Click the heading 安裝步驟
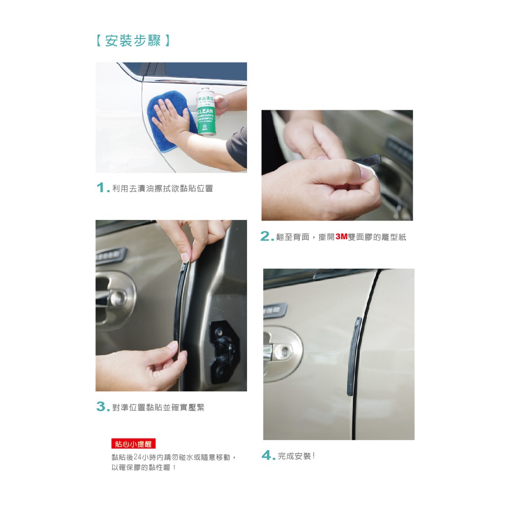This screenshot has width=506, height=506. [x=132, y=41]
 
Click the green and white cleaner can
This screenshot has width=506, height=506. [x=207, y=111]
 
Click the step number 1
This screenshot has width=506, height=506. [x=102, y=187]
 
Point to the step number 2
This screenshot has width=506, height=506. [x=266, y=236]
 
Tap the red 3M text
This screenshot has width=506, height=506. [x=341, y=237]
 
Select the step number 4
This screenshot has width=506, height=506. [x=267, y=455]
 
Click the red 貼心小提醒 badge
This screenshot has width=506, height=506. [x=133, y=444]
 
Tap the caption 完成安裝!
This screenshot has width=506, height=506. [x=296, y=456]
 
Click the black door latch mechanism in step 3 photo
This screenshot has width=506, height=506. [x=225, y=352]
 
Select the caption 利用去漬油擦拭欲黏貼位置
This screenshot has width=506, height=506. [x=162, y=188]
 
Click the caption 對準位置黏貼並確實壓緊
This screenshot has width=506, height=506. [x=158, y=407]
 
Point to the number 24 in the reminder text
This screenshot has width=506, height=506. [x=138, y=457]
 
